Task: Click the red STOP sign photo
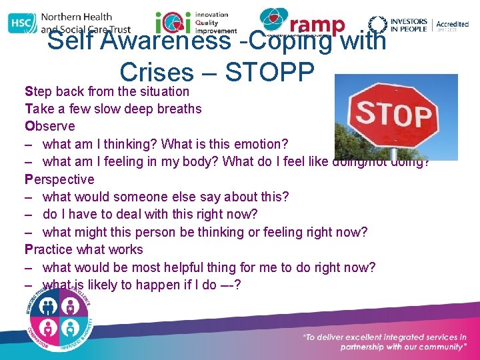[x=395, y=117]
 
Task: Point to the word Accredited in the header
[x=453, y=25]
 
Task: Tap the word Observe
[x=50, y=126]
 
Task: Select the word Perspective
[x=59, y=179]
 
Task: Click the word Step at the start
[x=38, y=91]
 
